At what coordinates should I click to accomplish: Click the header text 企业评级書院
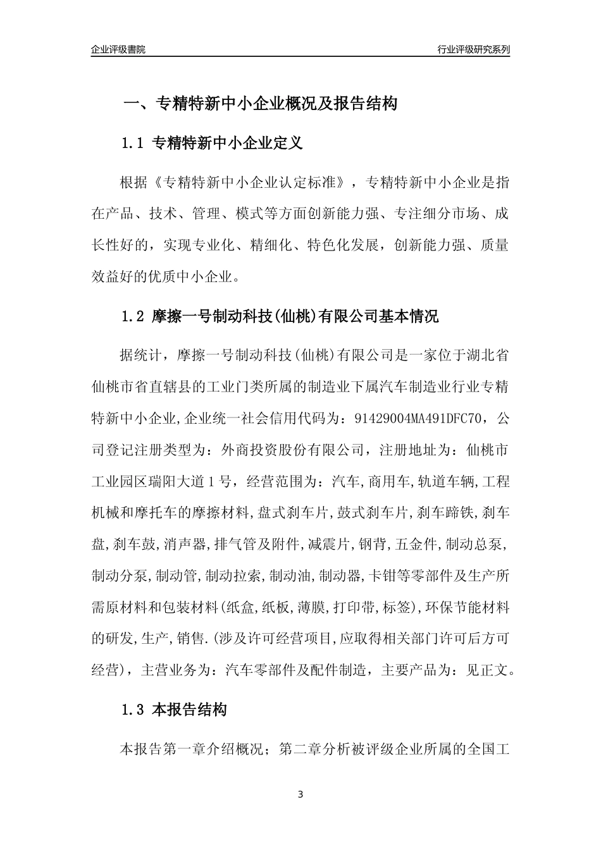118,49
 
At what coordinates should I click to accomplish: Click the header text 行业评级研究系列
473,49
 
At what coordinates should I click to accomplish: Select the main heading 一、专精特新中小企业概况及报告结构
259,104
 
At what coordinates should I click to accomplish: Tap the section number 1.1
133,144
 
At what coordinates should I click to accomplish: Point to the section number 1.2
133,316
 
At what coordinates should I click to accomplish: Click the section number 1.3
133,710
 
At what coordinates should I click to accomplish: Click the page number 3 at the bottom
300,794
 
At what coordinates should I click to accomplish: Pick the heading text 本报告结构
190,710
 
